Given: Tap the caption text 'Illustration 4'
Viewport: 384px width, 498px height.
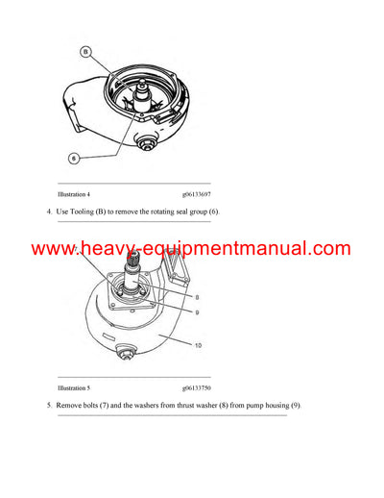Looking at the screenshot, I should pos(77,195).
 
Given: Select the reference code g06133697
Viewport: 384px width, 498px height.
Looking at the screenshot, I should pos(189,195).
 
